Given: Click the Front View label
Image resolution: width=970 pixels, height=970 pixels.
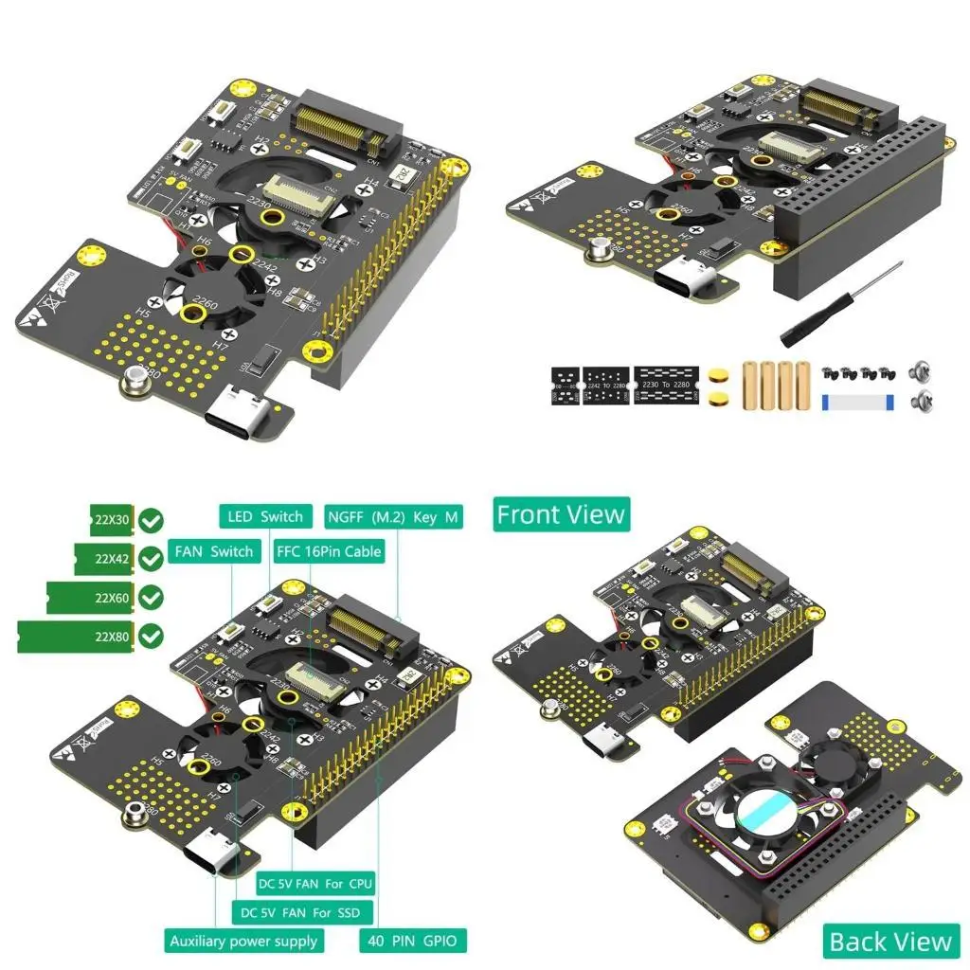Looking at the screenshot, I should pos(561,514).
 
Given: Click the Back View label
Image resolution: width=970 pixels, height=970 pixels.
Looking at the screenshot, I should pos(889,941).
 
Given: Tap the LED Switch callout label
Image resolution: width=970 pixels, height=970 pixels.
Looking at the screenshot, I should pos(265,516).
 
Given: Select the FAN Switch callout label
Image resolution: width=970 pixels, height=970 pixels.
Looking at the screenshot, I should pos(213,551).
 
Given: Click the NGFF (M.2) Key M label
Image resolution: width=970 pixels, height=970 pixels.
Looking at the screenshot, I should pos(393,516).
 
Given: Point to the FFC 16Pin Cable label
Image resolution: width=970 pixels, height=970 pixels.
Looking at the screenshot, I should pos(329,551).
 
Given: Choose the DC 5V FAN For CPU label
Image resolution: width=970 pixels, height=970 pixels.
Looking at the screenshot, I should pos(316,883).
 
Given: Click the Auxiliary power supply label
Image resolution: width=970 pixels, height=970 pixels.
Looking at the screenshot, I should pos(244,941).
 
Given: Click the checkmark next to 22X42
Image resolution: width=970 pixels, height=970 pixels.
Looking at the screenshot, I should pos(151,559).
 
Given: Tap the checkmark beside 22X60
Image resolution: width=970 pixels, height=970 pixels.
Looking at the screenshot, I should pos(151,598).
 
